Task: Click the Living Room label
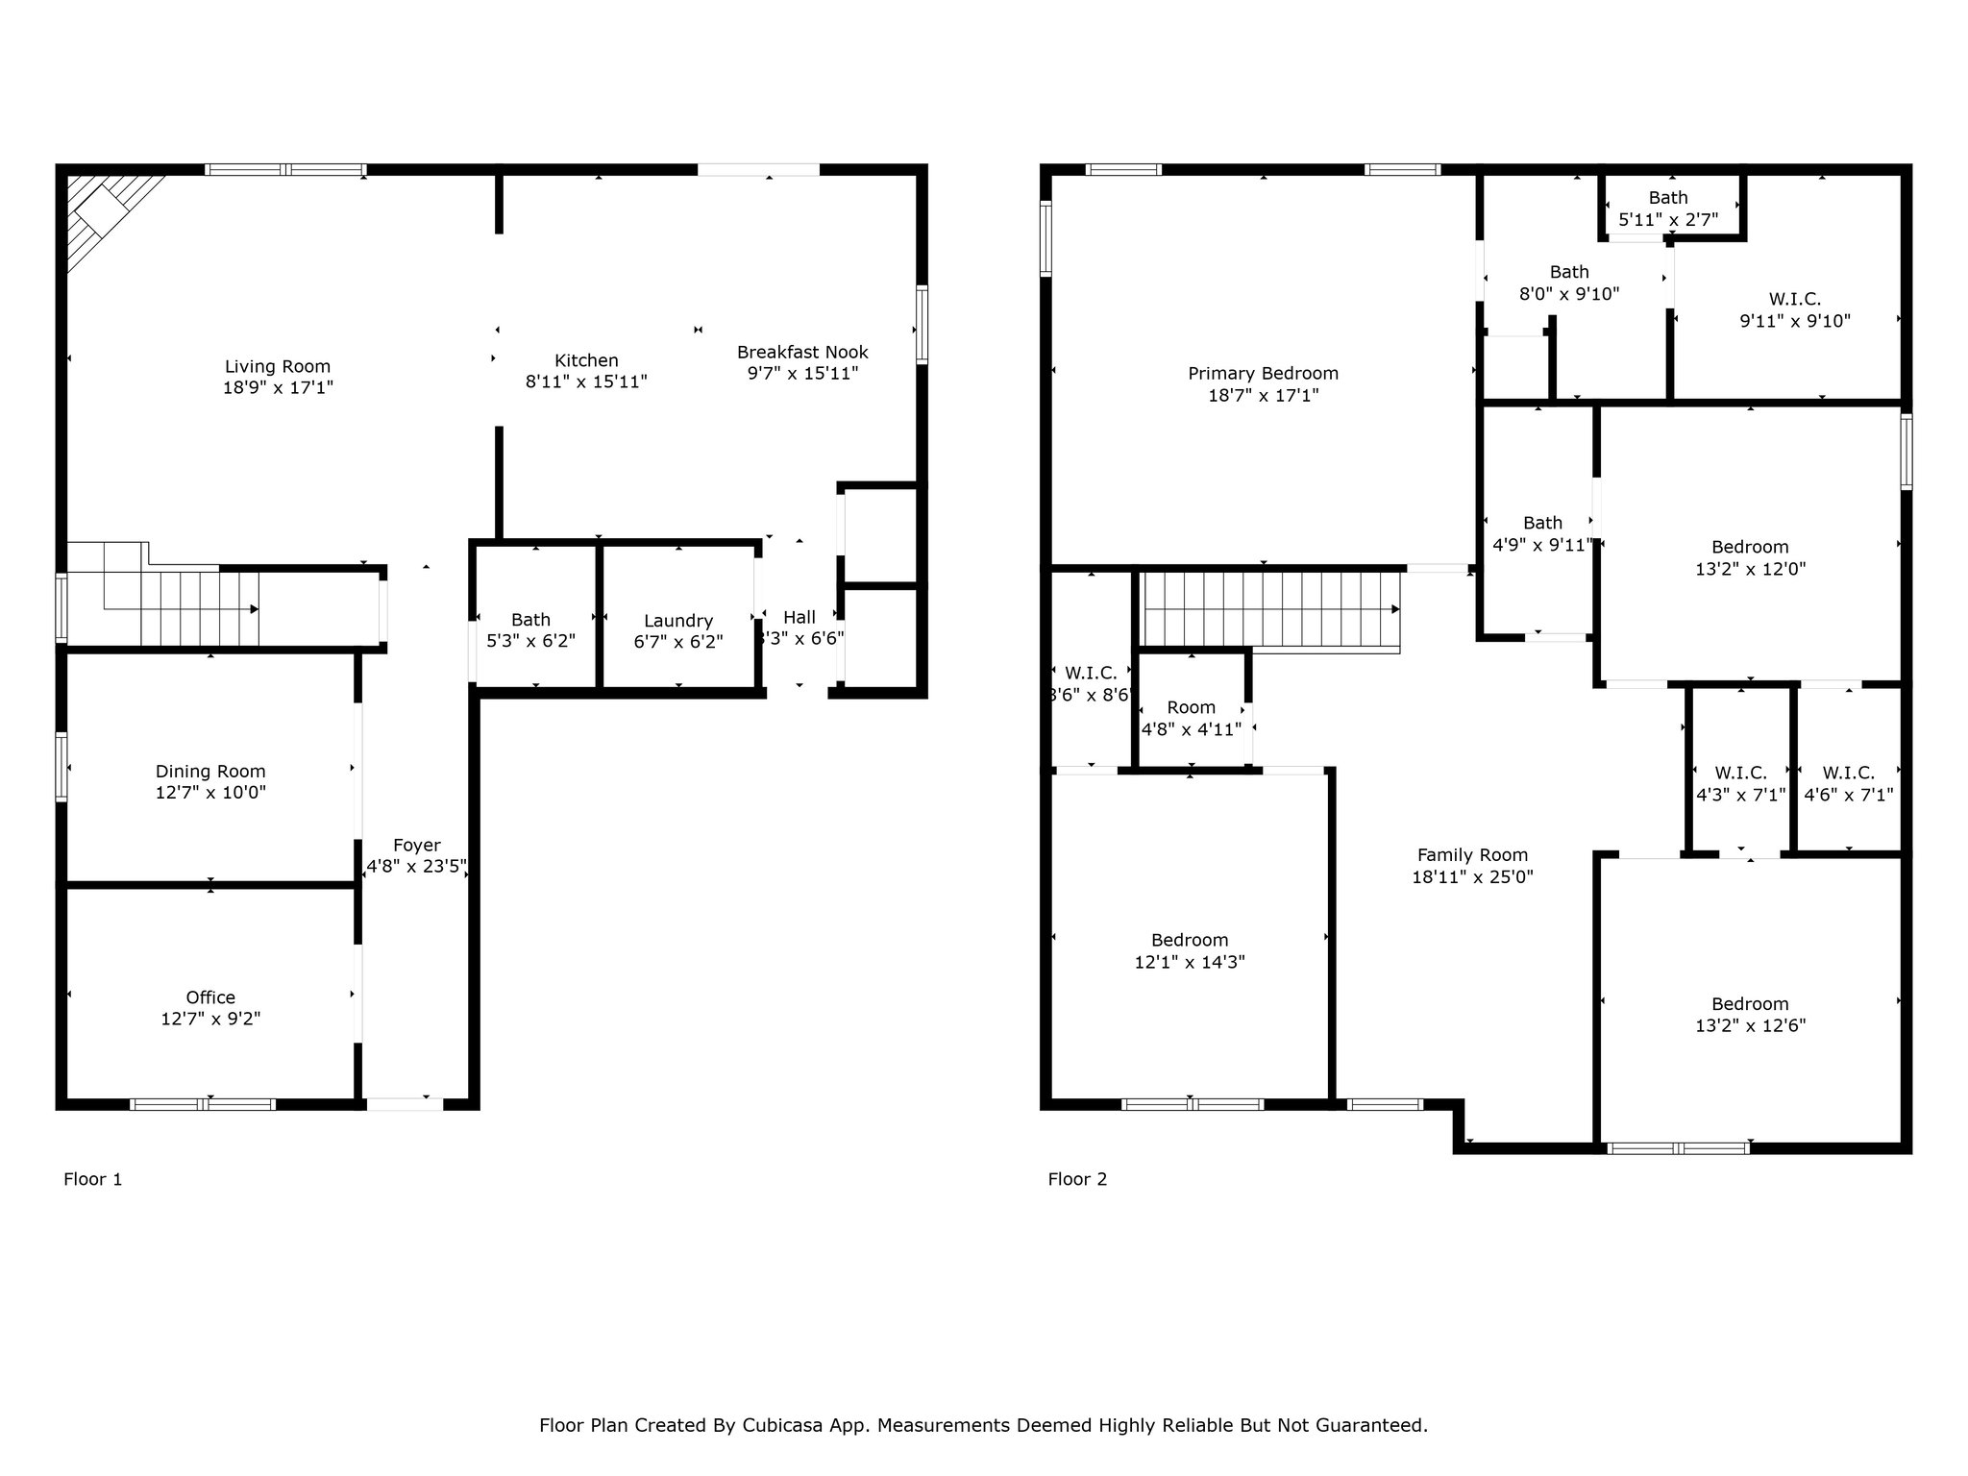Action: point(278,366)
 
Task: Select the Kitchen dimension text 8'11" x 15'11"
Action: point(586,381)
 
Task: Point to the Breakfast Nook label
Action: point(802,352)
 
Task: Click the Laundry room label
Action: point(678,621)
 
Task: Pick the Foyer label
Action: point(417,846)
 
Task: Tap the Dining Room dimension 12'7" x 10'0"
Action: point(210,793)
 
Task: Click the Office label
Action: point(210,997)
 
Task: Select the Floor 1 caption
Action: point(93,1179)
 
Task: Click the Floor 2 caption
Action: point(1077,1179)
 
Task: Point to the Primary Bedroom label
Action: point(1263,374)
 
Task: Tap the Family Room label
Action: point(1472,855)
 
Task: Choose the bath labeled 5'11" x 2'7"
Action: point(1668,209)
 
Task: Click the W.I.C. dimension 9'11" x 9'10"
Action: point(1795,321)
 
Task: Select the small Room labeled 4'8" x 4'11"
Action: point(1192,718)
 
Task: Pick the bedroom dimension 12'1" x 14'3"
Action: point(1190,962)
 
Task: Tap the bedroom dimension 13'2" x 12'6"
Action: point(1750,1025)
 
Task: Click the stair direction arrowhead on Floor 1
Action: point(255,609)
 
